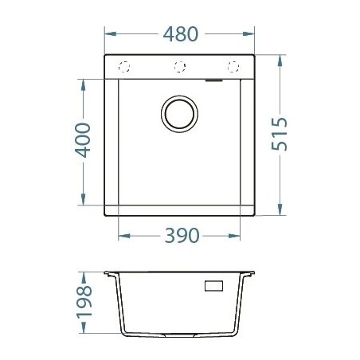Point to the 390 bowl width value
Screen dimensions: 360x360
click(180, 237)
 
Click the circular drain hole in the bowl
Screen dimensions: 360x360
click(179, 113)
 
